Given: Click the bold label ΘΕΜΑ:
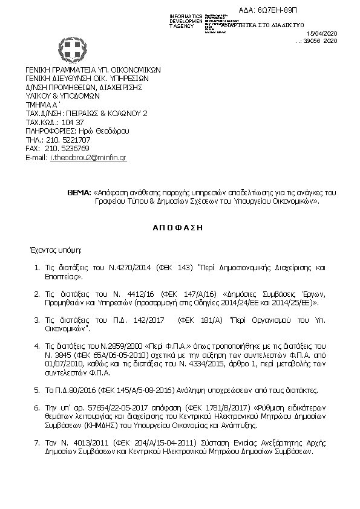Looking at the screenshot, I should tap(79, 192).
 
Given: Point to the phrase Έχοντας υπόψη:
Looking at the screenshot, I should tap(56, 248).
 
